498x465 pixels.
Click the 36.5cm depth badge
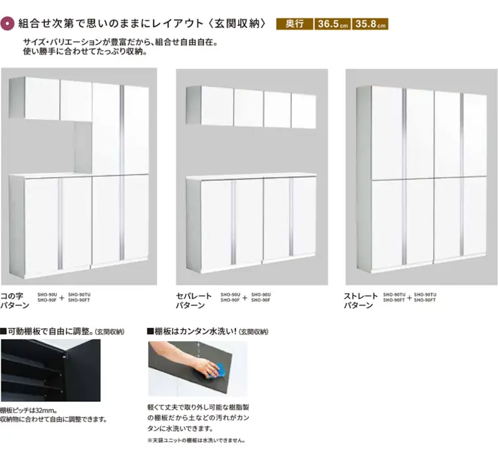point(332,24)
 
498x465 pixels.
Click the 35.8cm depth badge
point(370,24)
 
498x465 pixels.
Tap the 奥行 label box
point(294,24)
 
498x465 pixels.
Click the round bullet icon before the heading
point(8,24)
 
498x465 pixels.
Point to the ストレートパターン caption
point(361,301)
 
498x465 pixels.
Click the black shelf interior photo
point(50,371)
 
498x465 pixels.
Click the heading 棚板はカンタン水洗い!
point(195,331)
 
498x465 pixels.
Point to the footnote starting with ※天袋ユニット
point(197,440)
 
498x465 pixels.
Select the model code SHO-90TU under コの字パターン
point(79,295)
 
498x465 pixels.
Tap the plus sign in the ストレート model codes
point(409,297)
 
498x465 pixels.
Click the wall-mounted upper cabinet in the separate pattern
point(252,107)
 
